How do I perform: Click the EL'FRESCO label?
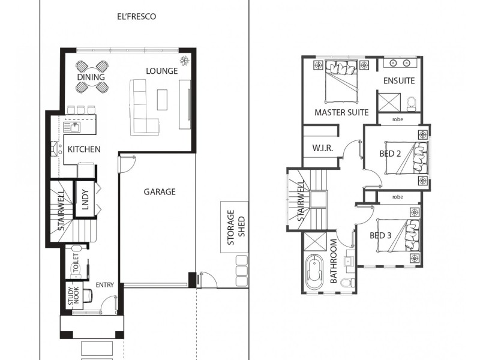point(136,17)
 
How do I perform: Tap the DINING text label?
point(91,77)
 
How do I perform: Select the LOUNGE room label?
point(162,71)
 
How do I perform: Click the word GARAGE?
point(159,192)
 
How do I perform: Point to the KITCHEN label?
point(83,149)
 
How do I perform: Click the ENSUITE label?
point(399,81)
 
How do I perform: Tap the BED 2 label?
point(390,153)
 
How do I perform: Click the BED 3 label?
point(380,235)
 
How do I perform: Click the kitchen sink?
point(75,127)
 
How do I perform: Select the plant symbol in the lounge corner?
point(184,61)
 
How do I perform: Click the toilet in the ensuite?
point(411,103)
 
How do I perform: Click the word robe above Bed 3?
point(397,197)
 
